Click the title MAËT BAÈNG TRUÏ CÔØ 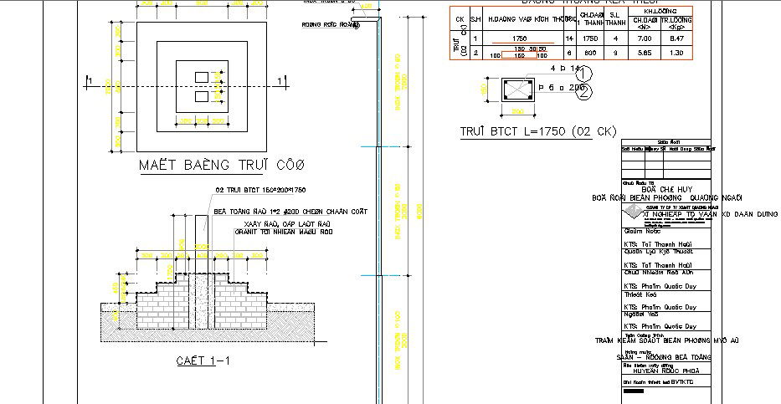222,164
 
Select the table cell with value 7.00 644,38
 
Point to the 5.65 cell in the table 644,53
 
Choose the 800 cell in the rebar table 589,53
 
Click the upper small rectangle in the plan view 201,77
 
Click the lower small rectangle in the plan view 201,96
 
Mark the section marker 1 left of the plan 89,80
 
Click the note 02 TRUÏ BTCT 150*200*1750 261,190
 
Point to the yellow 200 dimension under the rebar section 517,110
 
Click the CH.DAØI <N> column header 644,23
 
